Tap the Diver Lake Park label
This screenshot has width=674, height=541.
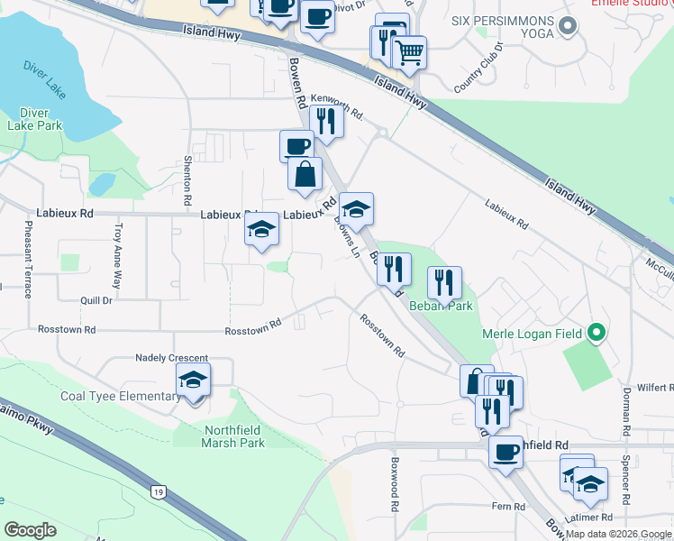click(x=34, y=119)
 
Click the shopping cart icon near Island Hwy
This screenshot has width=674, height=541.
click(x=409, y=53)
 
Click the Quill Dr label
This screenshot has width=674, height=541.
click(x=96, y=301)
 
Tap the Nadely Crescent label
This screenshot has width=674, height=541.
click(x=171, y=358)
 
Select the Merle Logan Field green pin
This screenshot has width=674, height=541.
click(x=595, y=335)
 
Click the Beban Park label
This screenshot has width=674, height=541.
click(x=442, y=307)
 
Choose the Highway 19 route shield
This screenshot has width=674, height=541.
click(x=159, y=491)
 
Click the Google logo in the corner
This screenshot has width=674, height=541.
click(x=31, y=530)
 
